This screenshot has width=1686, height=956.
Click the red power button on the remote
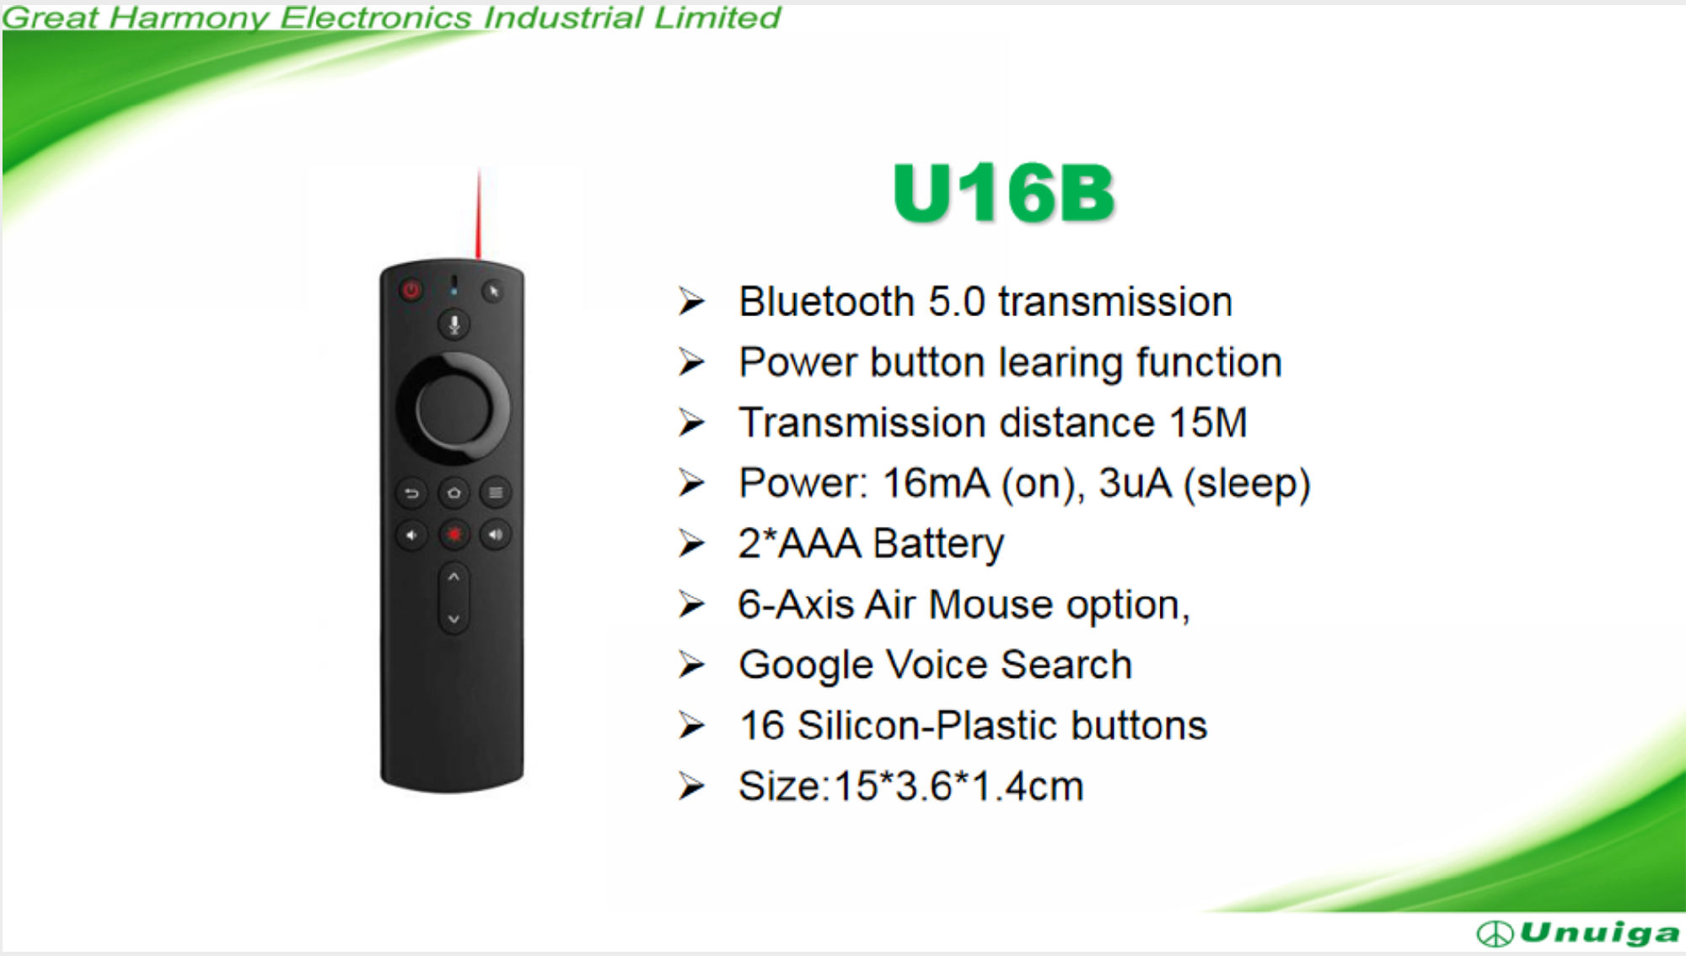coord(411,291)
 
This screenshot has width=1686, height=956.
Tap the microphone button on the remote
coord(454,325)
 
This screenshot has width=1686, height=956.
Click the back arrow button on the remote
coord(412,493)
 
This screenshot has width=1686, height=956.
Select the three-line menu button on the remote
coord(496,493)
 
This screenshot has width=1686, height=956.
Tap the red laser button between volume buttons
coord(454,534)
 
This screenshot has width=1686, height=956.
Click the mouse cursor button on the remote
coord(493,292)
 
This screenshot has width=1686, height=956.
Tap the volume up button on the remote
coord(496,534)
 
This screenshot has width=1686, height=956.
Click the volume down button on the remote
coord(412,534)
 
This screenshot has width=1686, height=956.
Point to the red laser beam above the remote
coord(479,212)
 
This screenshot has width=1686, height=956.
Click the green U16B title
coord(1004,193)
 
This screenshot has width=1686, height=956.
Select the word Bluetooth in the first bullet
coord(827,302)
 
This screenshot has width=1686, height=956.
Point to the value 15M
coord(1208,422)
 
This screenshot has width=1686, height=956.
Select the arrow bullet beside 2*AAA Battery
coord(692,544)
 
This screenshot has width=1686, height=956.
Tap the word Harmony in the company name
coord(189,19)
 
